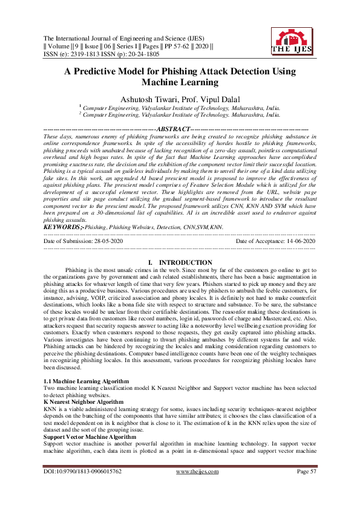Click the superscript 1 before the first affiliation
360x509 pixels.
80,105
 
